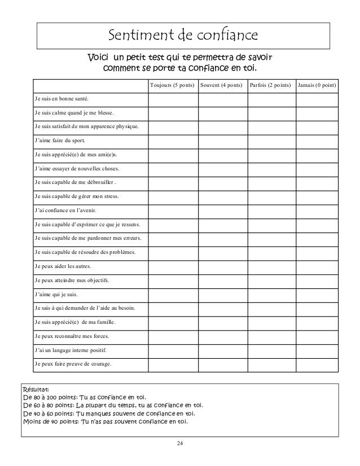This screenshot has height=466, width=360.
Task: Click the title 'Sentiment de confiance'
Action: point(183,37)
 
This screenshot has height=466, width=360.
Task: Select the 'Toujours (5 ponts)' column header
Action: point(172,86)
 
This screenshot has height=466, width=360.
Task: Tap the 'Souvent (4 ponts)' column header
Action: point(222,86)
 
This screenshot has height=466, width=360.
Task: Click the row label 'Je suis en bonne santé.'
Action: point(61,99)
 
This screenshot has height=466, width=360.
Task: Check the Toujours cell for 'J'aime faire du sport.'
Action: point(172,141)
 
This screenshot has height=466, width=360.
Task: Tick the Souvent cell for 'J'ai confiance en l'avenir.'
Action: point(222,211)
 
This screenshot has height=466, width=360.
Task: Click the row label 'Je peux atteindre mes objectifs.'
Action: point(72,280)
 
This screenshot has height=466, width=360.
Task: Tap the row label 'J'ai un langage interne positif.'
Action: point(71,350)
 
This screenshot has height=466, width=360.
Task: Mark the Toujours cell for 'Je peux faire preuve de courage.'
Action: point(172,364)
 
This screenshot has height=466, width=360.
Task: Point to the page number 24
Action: point(179,448)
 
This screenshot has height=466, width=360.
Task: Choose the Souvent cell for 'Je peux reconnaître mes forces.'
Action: point(222,336)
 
